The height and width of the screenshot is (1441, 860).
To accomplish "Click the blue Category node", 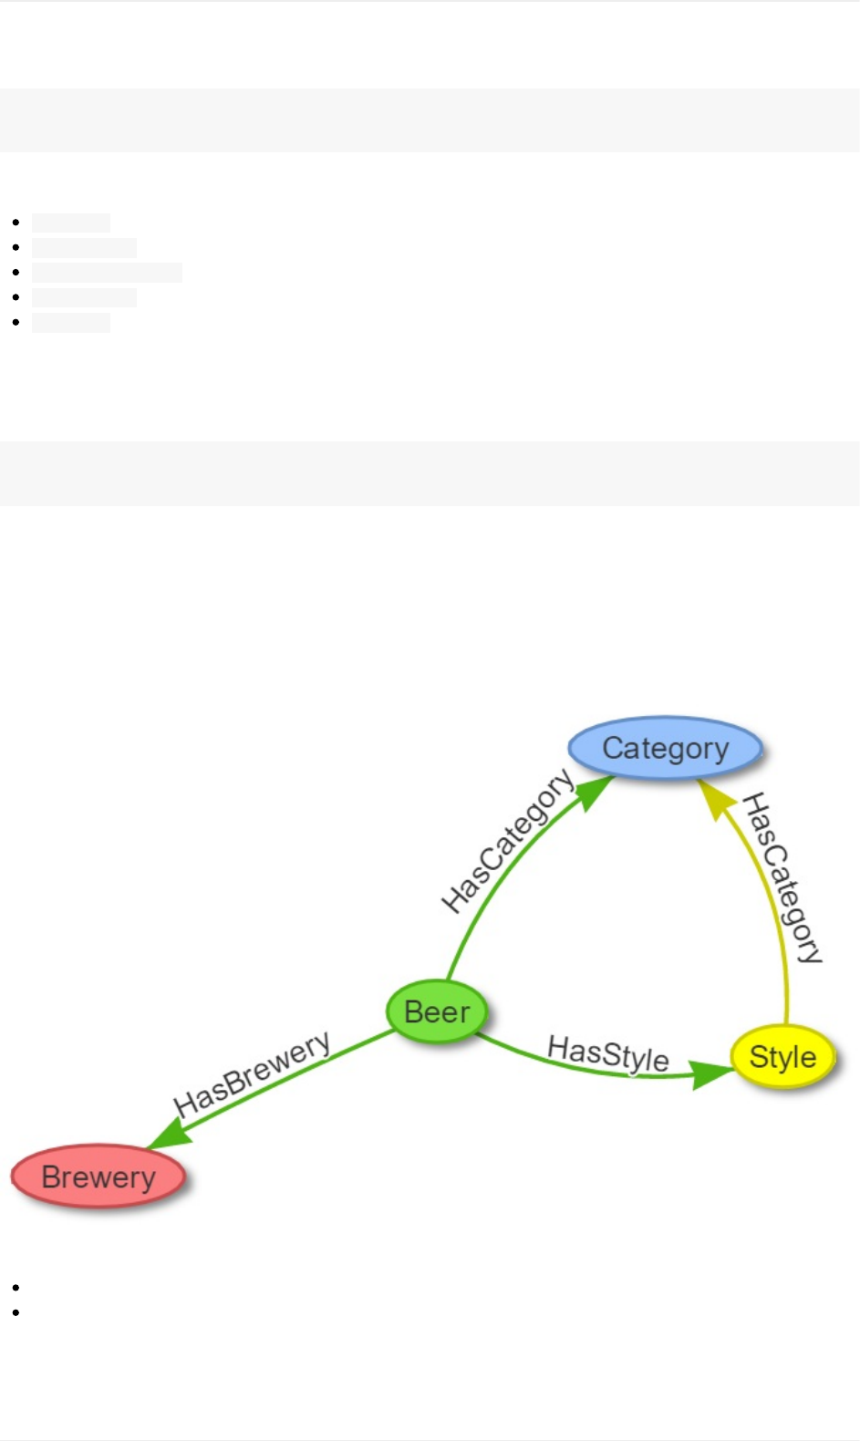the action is [665, 748].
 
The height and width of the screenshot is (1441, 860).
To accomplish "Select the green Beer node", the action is [437, 1011].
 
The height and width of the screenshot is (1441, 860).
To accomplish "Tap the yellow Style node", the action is [782, 1056].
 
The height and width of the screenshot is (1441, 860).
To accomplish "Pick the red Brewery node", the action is [98, 1177].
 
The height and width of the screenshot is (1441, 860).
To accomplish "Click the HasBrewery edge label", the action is [252, 1074].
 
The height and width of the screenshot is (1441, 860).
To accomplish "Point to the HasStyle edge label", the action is [608, 1053].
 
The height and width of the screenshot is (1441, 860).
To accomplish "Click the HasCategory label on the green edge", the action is [507, 841].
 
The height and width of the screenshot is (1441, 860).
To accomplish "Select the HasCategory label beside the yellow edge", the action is [782, 877].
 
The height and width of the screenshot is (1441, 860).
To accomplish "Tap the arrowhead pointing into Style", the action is [712, 1073].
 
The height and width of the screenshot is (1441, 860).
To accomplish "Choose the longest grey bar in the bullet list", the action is [107, 273].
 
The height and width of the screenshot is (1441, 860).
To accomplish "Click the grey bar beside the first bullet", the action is [71, 223].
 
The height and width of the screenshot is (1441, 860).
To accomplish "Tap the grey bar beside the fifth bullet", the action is [71, 323].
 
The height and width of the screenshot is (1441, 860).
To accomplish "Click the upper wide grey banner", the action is [430, 120].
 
